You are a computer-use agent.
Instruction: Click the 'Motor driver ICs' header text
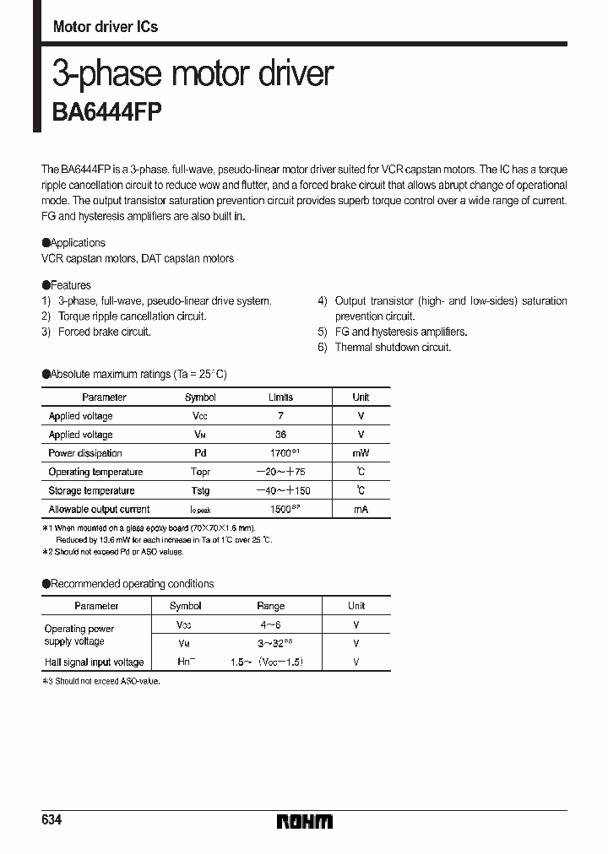(x=106, y=27)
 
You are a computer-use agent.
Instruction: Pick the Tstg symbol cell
(x=200, y=490)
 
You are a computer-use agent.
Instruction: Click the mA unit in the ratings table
(x=361, y=509)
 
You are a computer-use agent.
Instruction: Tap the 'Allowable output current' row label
(x=99, y=509)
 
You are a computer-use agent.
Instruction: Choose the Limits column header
(x=281, y=397)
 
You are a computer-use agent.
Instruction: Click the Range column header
(x=271, y=606)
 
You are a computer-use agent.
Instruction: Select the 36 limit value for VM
(x=281, y=435)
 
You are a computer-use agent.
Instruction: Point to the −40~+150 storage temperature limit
(x=281, y=490)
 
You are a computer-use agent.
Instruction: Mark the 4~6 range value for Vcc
(x=271, y=625)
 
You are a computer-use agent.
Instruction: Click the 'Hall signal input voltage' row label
(x=94, y=662)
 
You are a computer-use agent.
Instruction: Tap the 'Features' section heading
(x=67, y=285)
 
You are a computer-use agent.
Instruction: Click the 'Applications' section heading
(x=74, y=243)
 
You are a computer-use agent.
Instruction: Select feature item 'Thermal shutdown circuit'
(x=393, y=347)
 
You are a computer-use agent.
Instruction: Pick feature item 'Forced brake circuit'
(x=104, y=332)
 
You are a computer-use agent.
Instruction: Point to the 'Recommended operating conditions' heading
(x=128, y=584)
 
